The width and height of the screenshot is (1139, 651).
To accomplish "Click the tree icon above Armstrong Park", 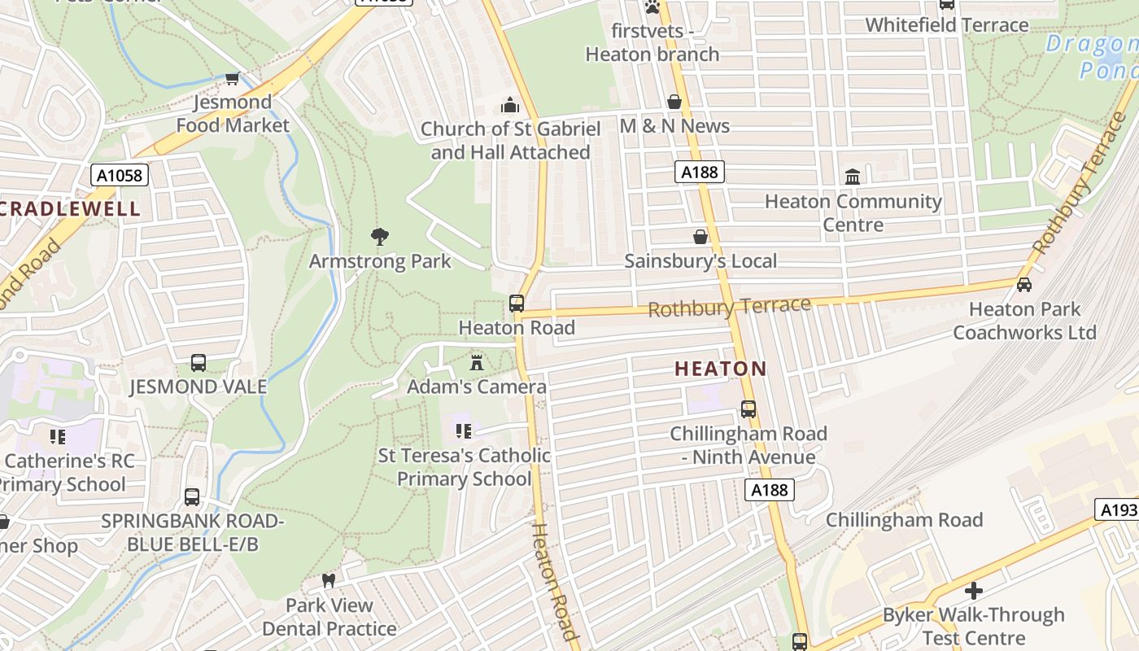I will [x=379, y=237].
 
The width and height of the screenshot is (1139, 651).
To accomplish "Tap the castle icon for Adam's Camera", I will [x=477, y=362].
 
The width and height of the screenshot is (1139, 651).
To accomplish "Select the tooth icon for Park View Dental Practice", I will [x=329, y=581].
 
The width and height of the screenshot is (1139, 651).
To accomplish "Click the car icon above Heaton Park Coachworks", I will [x=1024, y=284].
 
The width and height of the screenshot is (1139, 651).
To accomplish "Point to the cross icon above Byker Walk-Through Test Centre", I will [x=974, y=590].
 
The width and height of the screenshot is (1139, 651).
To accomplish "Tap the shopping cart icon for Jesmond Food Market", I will [x=233, y=78].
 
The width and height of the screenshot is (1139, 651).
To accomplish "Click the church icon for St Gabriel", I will [x=510, y=105].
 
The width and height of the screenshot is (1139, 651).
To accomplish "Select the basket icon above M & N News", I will [x=674, y=102].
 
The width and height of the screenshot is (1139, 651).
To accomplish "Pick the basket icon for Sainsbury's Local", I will [x=700, y=237].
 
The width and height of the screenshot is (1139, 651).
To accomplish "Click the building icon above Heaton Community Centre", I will [x=853, y=177].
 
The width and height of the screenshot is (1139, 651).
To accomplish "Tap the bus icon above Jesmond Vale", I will [x=198, y=362].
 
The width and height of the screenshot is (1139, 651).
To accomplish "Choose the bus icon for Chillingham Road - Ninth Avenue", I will [x=748, y=409].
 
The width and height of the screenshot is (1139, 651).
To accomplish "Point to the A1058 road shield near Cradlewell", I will [x=119, y=175].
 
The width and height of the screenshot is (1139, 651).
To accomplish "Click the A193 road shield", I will [x=1118, y=509].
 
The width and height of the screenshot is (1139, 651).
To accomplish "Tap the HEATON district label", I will [x=721, y=369].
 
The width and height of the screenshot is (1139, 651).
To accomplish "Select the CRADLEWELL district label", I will [x=70, y=208].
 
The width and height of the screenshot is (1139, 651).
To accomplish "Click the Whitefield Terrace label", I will [x=947, y=25].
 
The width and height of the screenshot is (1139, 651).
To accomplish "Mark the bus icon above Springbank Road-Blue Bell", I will [x=192, y=496].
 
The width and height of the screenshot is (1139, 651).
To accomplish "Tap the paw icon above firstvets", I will [x=652, y=7].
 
